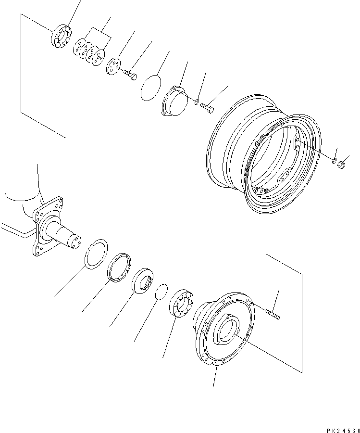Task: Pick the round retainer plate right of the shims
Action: pyautogui.click(x=114, y=66)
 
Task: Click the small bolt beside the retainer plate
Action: pyautogui.click(x=130, y=75)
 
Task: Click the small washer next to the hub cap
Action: pyautogui.click(x=197, y=101)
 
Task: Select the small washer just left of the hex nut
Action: pyautogui.click(x=334, y=159)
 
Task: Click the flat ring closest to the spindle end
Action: pyautogui.click(x=97, y=253)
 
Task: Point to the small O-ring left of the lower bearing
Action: pyautogui.click(x=162, y=292)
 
